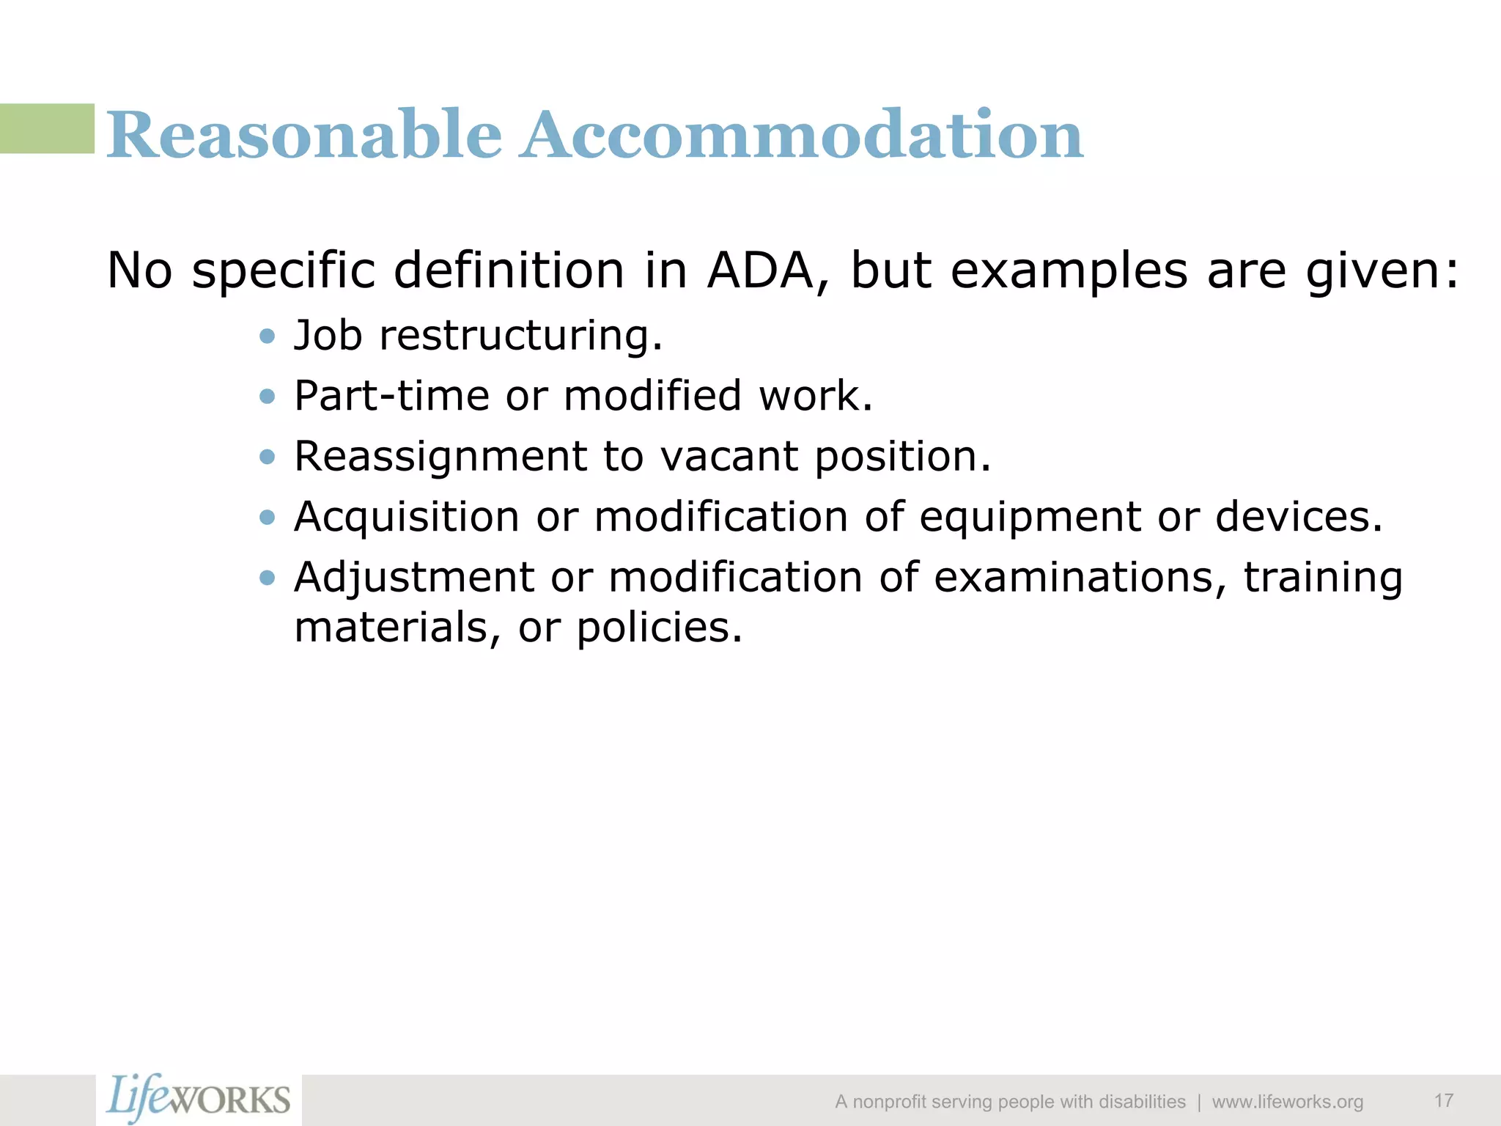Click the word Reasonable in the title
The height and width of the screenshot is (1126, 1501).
click(x=304, y=135)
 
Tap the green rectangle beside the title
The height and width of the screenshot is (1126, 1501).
click(x=47, y=128)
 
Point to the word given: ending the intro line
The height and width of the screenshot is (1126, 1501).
click(x=1382, y=272)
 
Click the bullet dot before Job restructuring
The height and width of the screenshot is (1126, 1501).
click(x=268, y=336)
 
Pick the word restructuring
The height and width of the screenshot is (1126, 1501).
click(x=520, y=336)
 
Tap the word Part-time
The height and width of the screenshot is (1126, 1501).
click(x=391, y=396)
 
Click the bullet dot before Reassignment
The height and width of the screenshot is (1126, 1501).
click(x=268, y=457)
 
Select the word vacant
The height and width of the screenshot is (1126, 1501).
click(x=729, y=457)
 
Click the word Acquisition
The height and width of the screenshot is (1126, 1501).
click(x=407, y=517)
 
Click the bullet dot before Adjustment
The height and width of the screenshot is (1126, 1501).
click(x=268, y=578)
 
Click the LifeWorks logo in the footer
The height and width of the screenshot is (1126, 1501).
click(x=199, y=1100)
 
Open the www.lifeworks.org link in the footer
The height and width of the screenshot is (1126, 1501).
click(x=1287, y=1102)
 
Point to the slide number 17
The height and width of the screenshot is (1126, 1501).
click(x=1444, y=1100)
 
